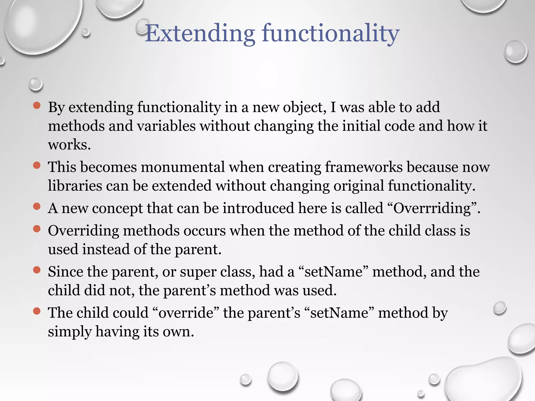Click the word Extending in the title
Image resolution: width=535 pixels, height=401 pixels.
pos(200,33)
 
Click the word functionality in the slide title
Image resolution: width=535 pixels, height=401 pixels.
pos(330,33)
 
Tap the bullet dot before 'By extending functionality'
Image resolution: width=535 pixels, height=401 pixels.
pos(37,105)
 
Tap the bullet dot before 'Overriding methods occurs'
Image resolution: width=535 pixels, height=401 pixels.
pos(37,229)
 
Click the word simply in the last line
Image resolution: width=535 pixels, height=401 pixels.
pos(70,332)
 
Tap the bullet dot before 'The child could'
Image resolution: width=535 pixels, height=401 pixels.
pos(37,311)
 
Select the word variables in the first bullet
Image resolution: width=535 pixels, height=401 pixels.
pos(166,126)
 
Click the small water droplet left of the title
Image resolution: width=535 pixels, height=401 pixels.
pos(86,33)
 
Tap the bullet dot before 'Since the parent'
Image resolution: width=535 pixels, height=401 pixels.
pos(37,270)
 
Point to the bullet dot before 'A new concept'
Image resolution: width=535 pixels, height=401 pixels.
pos(37,207)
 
